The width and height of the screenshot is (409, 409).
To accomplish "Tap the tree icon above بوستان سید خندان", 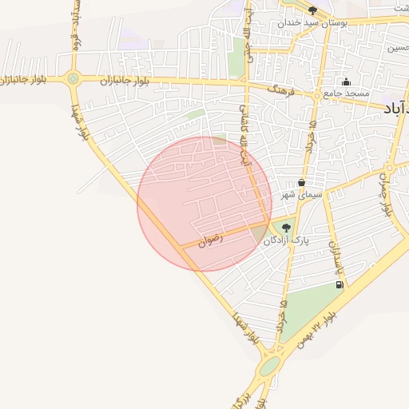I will (x=312, y=10).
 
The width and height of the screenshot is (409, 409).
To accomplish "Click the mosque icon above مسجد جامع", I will (x=346, y=81).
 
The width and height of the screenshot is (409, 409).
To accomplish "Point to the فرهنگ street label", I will (x=280, y=92).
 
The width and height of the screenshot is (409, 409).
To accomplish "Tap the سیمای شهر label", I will (x=300, y=194).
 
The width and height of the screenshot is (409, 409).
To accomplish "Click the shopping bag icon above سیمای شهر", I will (x=300, y=182).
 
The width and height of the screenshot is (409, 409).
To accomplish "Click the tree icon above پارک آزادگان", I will (x=286, y=228).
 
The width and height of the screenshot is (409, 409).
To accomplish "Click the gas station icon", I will (x=340, y=284).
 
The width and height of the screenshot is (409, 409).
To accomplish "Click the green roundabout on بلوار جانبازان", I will (x=73, y=78).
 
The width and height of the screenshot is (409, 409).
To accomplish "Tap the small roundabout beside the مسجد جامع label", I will (x=317, y=95).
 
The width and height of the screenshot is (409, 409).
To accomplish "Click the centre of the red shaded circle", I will (x=204, y=204).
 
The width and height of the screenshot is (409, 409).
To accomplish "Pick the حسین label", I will (x=397, y=49).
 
